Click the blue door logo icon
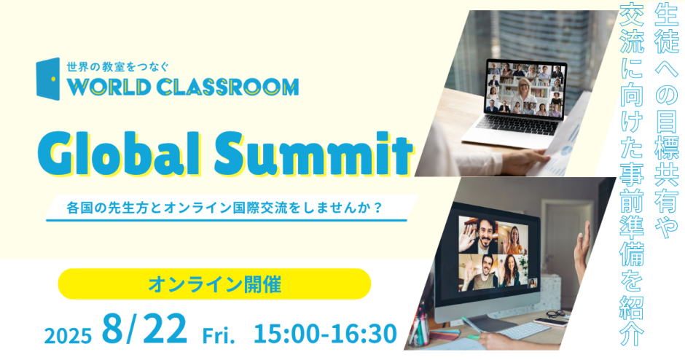point(48,79)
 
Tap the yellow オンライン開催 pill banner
point(214,284)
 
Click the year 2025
point(68,335)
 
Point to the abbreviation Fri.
point(219,336)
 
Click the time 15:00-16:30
point(325,334)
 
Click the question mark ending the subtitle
point(378,208)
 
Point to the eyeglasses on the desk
point(555,313)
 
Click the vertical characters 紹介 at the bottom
point(632,320)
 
